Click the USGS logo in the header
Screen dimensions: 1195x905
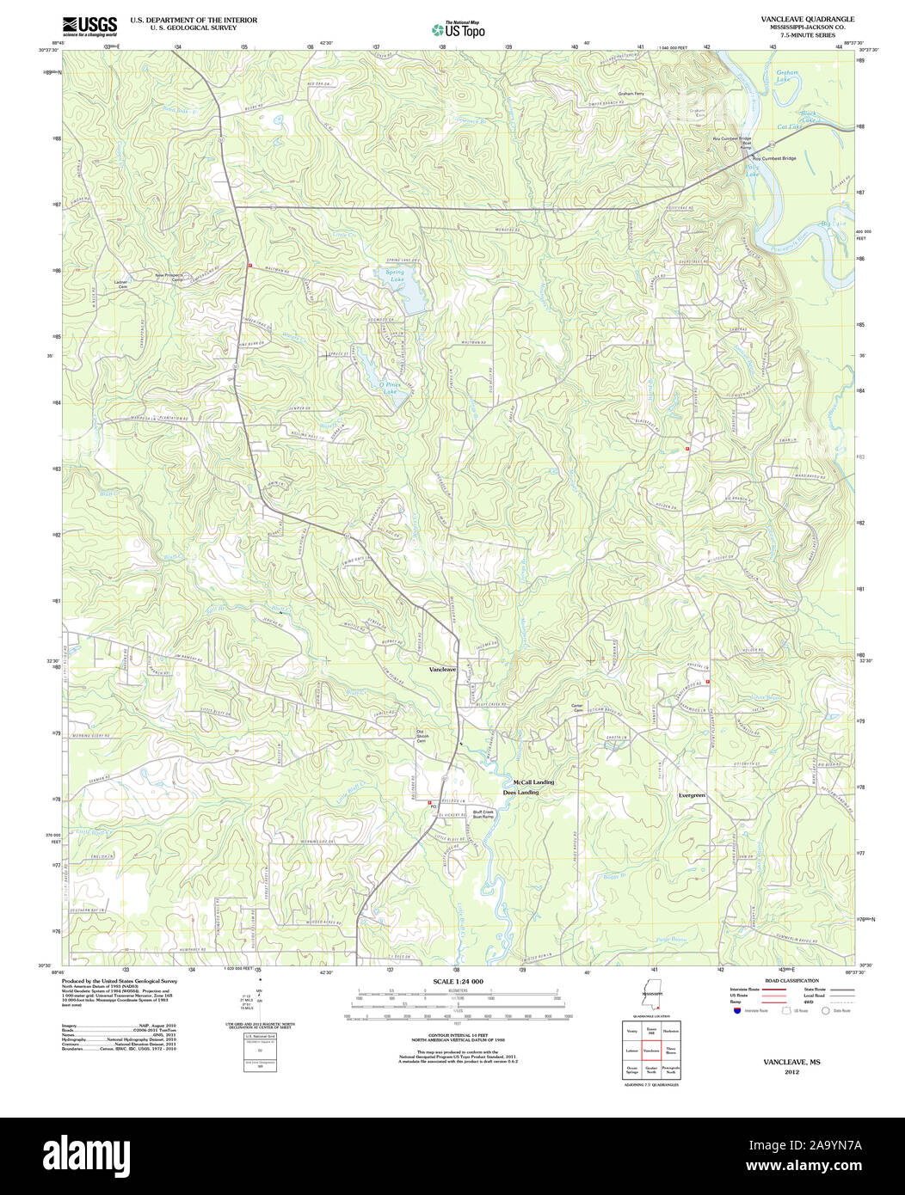(90, 26)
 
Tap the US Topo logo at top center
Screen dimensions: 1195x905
(459, 29)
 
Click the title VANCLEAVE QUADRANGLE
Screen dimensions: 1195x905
(795, 19)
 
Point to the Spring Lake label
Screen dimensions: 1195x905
(395, 276)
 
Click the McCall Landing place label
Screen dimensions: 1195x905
(533, 781)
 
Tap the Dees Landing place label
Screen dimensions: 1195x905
(520, 792)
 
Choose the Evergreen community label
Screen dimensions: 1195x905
(691, 795)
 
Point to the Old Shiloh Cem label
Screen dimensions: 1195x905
(421, 737)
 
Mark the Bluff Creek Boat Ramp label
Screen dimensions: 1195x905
(483, 814)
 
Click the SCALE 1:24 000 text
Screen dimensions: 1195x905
(459, 982)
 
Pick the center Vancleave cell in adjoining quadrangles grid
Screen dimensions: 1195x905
(651, 1051)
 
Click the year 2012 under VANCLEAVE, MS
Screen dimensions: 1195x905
(791, 1072)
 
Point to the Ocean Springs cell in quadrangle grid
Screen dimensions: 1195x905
(632, 1070)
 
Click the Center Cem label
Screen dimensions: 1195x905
(578, 708)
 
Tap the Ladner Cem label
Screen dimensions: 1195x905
(122, 285)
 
